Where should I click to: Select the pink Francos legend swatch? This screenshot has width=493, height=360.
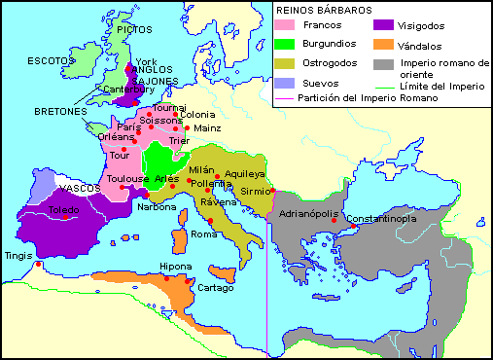click(x=286, y=26)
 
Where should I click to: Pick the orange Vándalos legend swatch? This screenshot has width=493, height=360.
click(x=382, y=46)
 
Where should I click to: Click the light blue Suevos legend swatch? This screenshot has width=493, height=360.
click(x=286, y=84)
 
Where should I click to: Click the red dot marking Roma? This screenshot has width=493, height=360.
click(x=210, y=223)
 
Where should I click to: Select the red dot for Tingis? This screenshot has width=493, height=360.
click(x=37, y=264)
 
